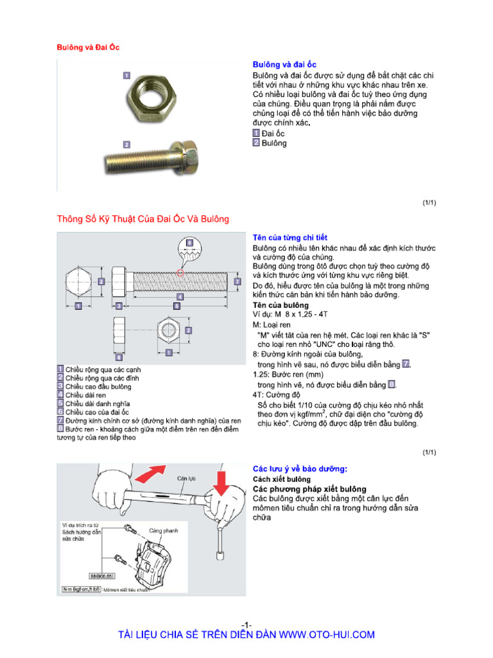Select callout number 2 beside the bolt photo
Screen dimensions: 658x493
click(126, 145)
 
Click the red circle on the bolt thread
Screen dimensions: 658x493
click(180, 272)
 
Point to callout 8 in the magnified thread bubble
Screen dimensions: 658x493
click(189, 243)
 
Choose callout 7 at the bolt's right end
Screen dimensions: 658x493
click(238, 281)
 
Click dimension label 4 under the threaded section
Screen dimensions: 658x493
click(180, 297)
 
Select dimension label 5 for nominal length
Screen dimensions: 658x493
click(176, 307)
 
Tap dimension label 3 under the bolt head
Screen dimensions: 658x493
click(119, 307)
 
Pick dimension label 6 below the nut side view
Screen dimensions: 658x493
click(119, 355)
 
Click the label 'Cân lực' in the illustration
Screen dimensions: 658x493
click(187, 478)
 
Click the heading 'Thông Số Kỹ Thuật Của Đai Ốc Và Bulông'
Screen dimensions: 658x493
click(143, 219)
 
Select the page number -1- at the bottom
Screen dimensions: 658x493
click(246, 625)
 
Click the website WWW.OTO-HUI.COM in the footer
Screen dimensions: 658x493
click(327, 635)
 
